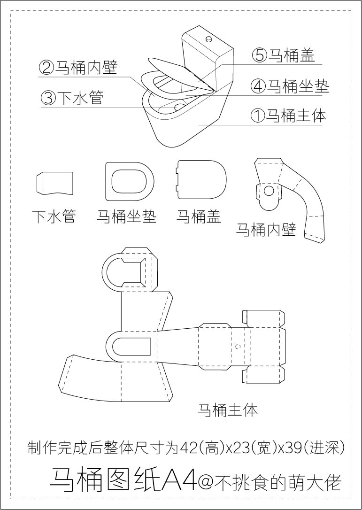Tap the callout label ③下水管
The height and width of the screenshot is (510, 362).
tap(71, 98)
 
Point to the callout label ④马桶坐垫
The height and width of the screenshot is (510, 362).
tap(289, 86)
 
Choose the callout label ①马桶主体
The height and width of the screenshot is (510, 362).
tap(288, 116)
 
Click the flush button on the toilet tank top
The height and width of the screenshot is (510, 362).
tap(208, 36)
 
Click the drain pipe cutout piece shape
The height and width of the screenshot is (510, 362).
tap(55, 183)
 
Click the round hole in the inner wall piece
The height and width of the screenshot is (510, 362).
tap(269, 191)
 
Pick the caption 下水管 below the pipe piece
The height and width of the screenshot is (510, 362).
tap(54, 216)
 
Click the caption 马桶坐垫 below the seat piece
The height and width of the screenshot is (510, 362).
tap(126, 216)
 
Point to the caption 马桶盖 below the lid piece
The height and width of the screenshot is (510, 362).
tap(199, 216)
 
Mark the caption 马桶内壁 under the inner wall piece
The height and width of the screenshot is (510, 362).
tap(265, 229)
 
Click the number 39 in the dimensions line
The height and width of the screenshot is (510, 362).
tap(296, 448)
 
